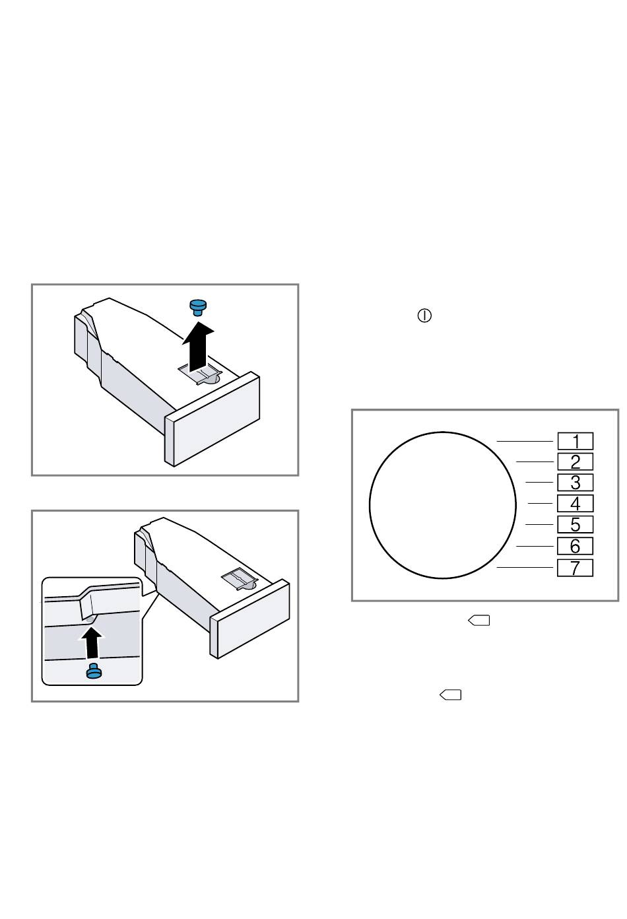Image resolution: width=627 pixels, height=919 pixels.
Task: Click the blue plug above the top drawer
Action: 198,307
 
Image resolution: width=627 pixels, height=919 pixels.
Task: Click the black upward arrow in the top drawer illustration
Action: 198,347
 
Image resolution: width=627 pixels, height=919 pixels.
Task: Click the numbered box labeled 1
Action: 575,441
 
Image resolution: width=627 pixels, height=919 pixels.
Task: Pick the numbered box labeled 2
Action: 575,461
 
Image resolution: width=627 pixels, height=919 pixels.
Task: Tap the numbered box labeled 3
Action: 575,482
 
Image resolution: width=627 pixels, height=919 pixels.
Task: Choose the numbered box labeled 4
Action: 575,503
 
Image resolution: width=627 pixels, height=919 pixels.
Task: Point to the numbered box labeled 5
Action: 575,524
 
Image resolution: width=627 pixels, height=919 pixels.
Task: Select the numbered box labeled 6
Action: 575,546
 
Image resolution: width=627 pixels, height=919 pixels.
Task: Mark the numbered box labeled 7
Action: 575,567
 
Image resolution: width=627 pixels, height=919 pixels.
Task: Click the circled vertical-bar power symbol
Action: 424,316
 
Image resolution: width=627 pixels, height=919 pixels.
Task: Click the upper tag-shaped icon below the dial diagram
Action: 479,621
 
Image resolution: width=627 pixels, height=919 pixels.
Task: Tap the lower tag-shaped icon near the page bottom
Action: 450,695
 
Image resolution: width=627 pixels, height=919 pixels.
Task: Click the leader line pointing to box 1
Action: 525,441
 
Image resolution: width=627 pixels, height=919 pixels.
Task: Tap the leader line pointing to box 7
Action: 525,567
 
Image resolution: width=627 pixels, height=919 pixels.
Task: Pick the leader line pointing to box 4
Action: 541,503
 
